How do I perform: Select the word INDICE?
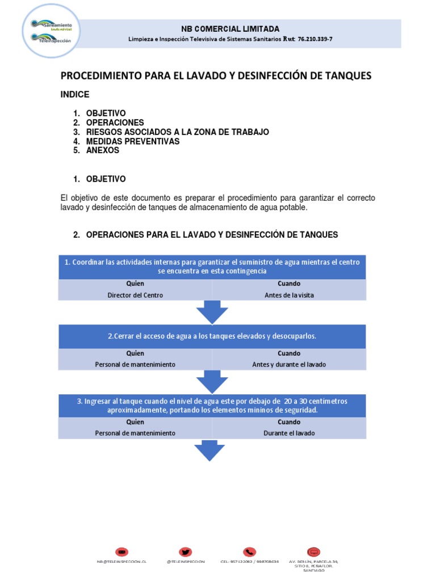[75, 95]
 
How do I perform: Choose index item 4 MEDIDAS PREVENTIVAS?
[132, 141]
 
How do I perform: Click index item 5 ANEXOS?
[102, 150]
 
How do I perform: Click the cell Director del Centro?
[135, 295]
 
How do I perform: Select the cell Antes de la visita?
[289, 295]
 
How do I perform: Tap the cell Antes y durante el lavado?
[289, 364]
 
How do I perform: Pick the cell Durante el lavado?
[289, 433]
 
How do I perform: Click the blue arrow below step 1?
[212, 313]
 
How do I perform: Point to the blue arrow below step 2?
[212, 382]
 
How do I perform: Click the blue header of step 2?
[212, 336]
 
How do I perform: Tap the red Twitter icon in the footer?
[186, 551]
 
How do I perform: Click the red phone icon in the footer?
[249, 551]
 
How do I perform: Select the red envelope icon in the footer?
[121, 551]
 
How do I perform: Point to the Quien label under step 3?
[135, 422]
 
